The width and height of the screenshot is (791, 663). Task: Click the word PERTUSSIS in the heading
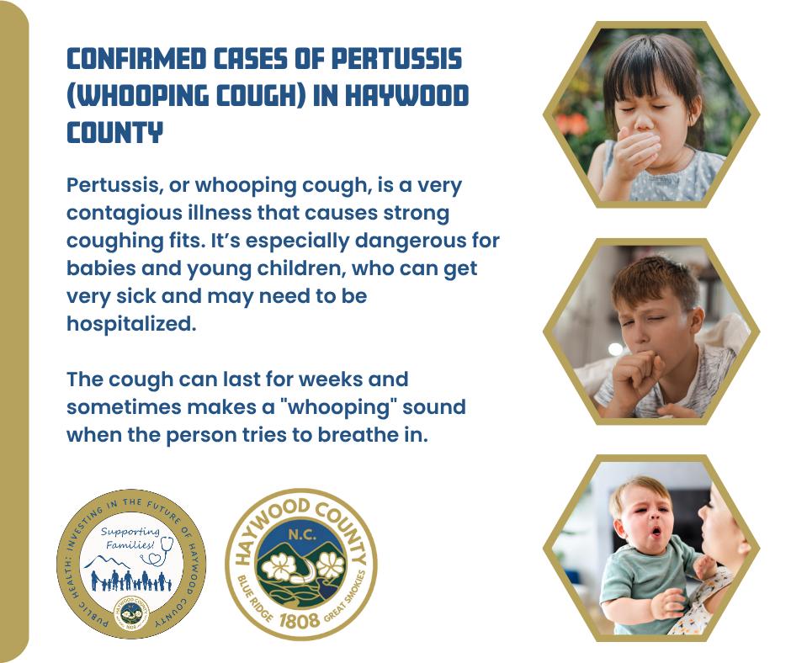396,59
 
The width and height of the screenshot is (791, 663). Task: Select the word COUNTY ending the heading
115,133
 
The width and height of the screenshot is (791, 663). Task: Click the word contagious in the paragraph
125,214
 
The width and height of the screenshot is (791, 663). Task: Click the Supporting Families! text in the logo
130,538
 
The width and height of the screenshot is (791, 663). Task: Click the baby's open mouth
656,531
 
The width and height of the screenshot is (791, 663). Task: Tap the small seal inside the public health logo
131,611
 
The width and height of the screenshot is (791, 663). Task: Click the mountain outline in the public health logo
107,561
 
